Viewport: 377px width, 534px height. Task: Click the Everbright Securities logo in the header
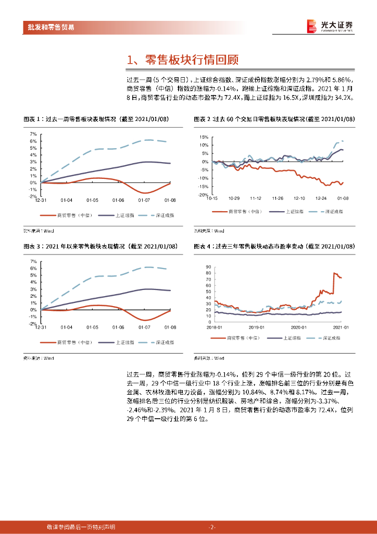point(330,26)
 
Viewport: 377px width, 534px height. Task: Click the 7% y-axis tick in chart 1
point(33,134)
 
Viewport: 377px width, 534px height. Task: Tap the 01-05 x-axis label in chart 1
point(92,200)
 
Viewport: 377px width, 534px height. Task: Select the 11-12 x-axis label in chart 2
point(255,199)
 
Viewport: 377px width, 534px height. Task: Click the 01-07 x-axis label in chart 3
point(144,327)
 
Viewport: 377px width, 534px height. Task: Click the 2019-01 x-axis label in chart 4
point(256,327)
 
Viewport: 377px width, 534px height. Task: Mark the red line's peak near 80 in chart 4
point(334,273)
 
